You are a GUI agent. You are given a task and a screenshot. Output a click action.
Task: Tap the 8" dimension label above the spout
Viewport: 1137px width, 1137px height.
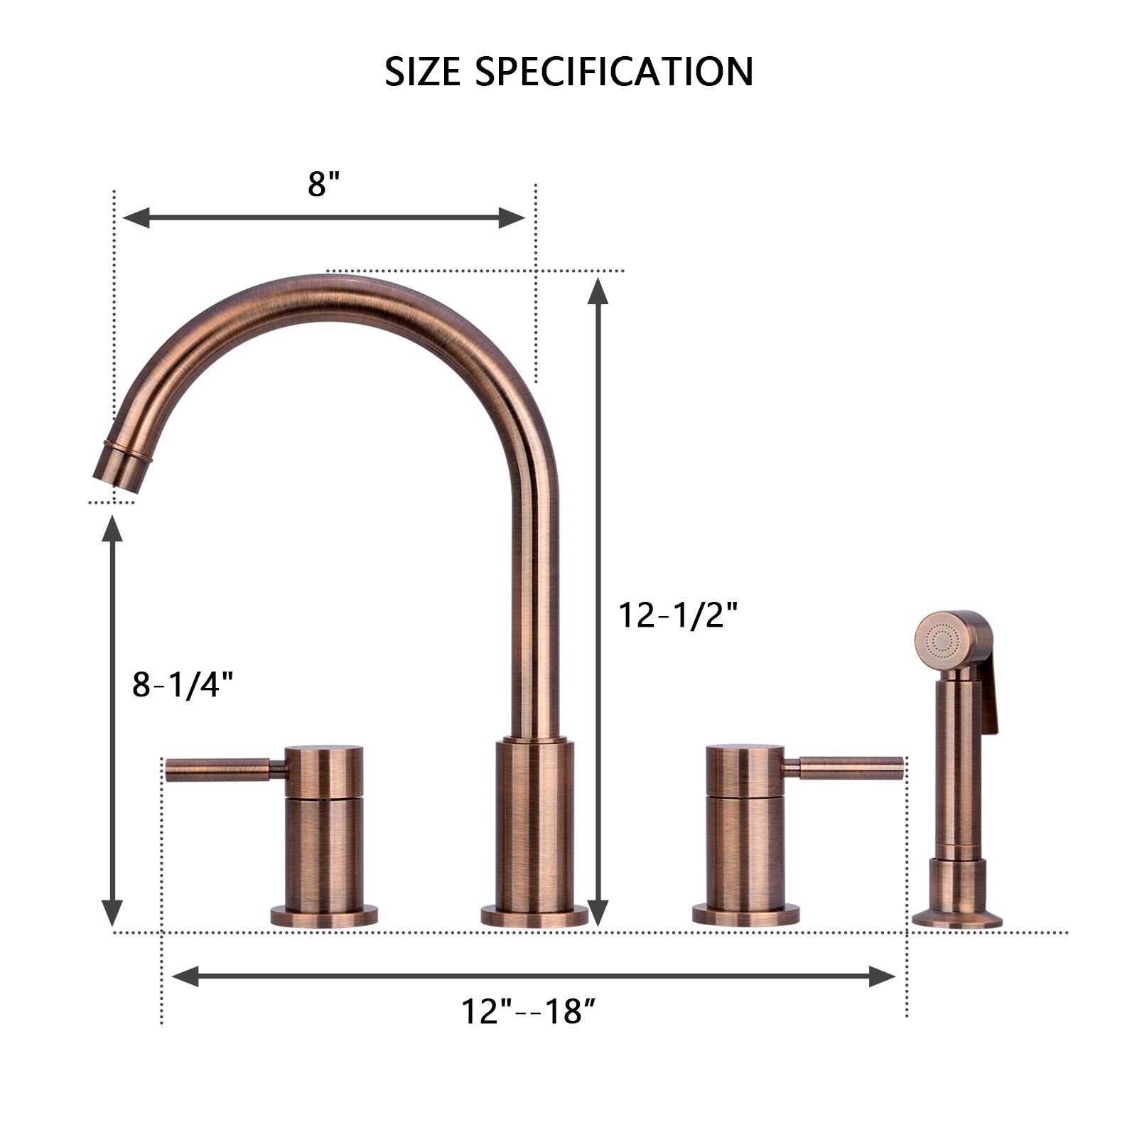tap(325, 185)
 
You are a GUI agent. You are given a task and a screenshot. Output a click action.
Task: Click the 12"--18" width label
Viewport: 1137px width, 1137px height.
tap(528, 1011)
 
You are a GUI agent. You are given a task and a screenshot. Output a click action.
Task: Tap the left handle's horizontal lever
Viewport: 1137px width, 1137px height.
tap(217, 769)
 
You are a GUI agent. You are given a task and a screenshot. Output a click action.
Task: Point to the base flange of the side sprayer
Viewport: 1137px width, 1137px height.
tap(957, 920)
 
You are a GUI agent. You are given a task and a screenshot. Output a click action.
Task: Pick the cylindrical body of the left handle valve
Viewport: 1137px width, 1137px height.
tap(324, 853)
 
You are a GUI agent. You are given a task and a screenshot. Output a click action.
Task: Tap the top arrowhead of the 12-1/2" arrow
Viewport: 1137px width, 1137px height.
tap(598, 291)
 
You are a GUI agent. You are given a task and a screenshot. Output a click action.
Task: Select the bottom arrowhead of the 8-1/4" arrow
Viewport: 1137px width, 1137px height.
tap(112, 912)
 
